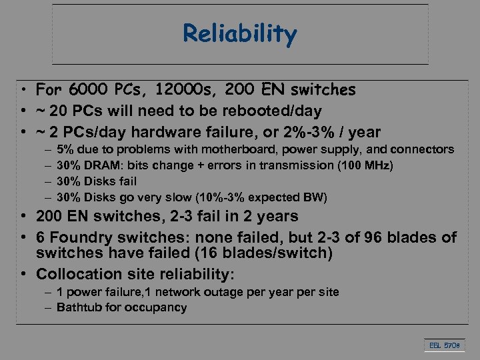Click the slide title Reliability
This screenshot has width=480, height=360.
tap(240, 33)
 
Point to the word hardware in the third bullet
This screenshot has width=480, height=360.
tap(173, 131)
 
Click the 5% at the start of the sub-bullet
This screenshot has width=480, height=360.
tap(66, 149)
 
